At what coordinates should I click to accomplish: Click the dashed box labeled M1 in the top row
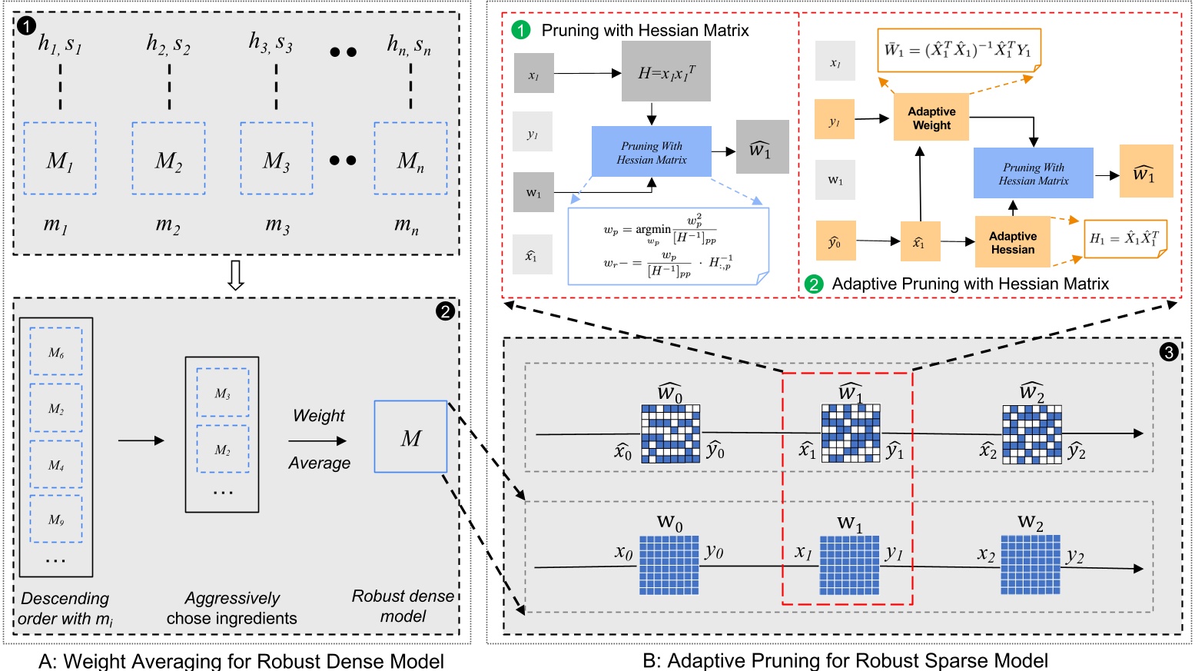pos(60,158)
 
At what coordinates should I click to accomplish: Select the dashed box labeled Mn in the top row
pos(410,158)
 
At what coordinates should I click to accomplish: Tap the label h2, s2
pos(168,44)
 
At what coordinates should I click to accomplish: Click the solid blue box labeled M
pos(410,437)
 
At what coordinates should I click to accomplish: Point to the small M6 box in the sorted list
pos(56,351)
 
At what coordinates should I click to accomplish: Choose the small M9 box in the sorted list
pos(56,520)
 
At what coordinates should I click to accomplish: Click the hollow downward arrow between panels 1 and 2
pos(236,275)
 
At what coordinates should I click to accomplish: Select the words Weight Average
pos(319,439)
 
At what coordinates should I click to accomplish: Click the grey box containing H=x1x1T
pos(666,71)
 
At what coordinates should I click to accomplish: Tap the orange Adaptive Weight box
pos(931,118)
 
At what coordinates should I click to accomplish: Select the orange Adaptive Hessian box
pos(1012,242)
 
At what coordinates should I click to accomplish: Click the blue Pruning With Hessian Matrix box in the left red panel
pos(651,152)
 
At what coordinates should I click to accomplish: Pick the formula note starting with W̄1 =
pos(958,51)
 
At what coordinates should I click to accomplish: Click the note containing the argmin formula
pos(667,246)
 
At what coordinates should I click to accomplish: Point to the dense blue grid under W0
pos(669,565)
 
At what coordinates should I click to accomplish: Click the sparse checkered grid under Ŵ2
pos(1031,433)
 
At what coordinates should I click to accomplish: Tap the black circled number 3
pos(1168,352)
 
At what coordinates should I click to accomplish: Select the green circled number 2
pos(813,284)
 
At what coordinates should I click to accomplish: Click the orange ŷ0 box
pos(835,241)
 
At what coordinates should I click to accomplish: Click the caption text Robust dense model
pos(403,606)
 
